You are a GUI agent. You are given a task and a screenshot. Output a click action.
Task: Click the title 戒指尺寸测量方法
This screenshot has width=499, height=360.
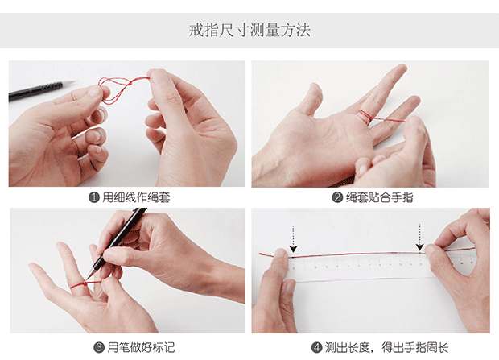tap(249, 31)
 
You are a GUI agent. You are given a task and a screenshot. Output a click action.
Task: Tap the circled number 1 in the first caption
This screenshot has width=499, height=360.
tap(94, 197)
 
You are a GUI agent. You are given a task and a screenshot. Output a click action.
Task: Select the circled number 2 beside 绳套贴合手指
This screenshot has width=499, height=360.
tap(337, 197)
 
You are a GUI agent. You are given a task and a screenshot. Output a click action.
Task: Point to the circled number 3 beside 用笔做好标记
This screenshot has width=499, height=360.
tap(99, 347)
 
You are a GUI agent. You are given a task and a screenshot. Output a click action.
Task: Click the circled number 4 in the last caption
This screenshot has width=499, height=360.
tap(316, 347)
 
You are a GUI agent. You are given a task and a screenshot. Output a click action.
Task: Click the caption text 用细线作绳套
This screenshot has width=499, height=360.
tap(136, 197)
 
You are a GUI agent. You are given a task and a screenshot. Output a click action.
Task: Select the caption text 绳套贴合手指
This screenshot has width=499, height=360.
tap(380, 197)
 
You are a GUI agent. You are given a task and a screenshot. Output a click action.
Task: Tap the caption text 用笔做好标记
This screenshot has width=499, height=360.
tap(141, 347)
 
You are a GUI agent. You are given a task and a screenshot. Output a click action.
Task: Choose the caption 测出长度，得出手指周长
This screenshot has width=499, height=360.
tap(386, 347)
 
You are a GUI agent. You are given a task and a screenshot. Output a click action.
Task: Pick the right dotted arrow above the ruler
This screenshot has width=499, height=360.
tap(420, 238)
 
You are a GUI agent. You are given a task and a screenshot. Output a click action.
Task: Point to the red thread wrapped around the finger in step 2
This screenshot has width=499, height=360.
tap(365, 116)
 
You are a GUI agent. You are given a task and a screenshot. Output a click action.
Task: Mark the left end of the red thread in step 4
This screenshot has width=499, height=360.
tap(260, 254)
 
